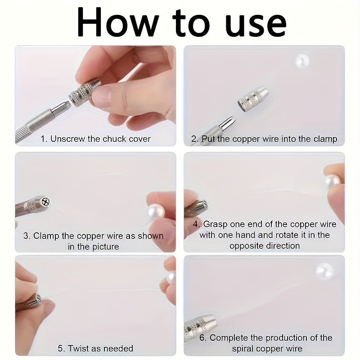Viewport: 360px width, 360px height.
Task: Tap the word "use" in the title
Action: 256,26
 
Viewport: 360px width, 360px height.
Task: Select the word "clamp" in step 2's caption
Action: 325,139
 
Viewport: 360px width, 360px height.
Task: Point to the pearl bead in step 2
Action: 302,61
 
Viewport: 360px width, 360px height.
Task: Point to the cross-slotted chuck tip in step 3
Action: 45,202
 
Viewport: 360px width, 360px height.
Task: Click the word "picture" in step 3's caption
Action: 106,247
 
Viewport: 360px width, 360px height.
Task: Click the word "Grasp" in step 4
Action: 216,224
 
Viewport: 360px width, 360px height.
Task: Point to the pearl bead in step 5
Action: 171,277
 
